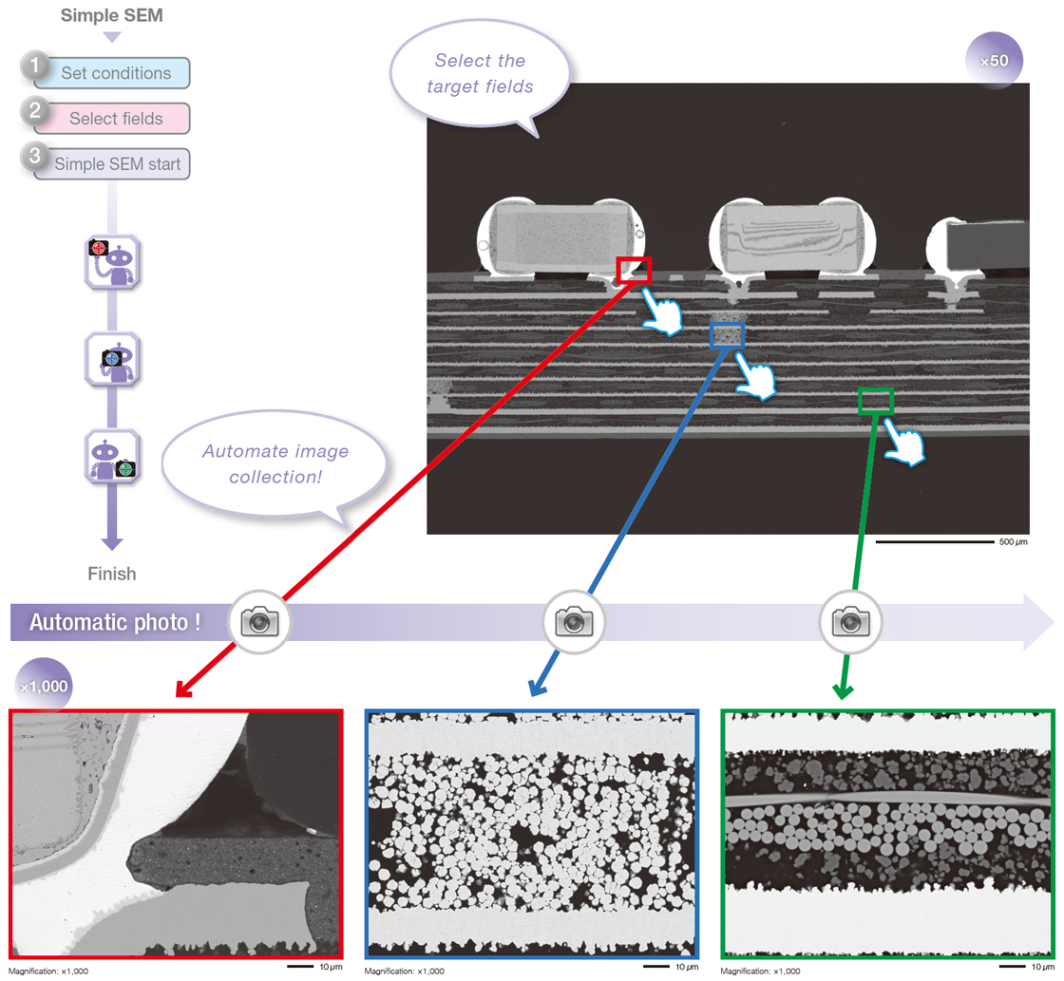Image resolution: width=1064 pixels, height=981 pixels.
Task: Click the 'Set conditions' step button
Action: click(115, 73)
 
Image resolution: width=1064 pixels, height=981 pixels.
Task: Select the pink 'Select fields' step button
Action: click(115, 119)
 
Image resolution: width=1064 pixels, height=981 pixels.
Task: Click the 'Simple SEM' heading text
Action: click(112, 15)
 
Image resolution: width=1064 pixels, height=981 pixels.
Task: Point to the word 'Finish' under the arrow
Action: click(112, 574)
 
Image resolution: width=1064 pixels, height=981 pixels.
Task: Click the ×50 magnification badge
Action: click(994, 62)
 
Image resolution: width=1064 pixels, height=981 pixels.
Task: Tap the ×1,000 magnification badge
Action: click(43, 686)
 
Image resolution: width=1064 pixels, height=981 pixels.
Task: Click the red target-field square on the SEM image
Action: click(634, 270)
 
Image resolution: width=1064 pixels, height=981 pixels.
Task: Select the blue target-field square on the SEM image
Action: click(728, 334)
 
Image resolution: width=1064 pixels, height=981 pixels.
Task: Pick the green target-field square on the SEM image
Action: click(875, 400)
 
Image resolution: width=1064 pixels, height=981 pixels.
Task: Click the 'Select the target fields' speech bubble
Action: click(480, 75)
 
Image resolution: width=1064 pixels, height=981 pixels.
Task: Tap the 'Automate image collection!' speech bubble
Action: click(275, 464)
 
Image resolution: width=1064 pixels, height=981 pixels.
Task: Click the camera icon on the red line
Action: click(260, 622)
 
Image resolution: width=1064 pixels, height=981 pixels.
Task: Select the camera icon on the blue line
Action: click(573, 622)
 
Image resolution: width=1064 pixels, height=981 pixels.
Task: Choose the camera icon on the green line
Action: click(850, 622)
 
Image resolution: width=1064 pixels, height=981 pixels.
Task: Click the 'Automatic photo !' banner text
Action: click(115, 623)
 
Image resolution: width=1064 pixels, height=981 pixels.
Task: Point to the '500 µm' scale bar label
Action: click(1014, 542)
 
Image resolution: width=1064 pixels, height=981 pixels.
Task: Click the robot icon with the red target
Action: click(112, 261)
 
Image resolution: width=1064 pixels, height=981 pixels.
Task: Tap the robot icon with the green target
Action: click(112, 457)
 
